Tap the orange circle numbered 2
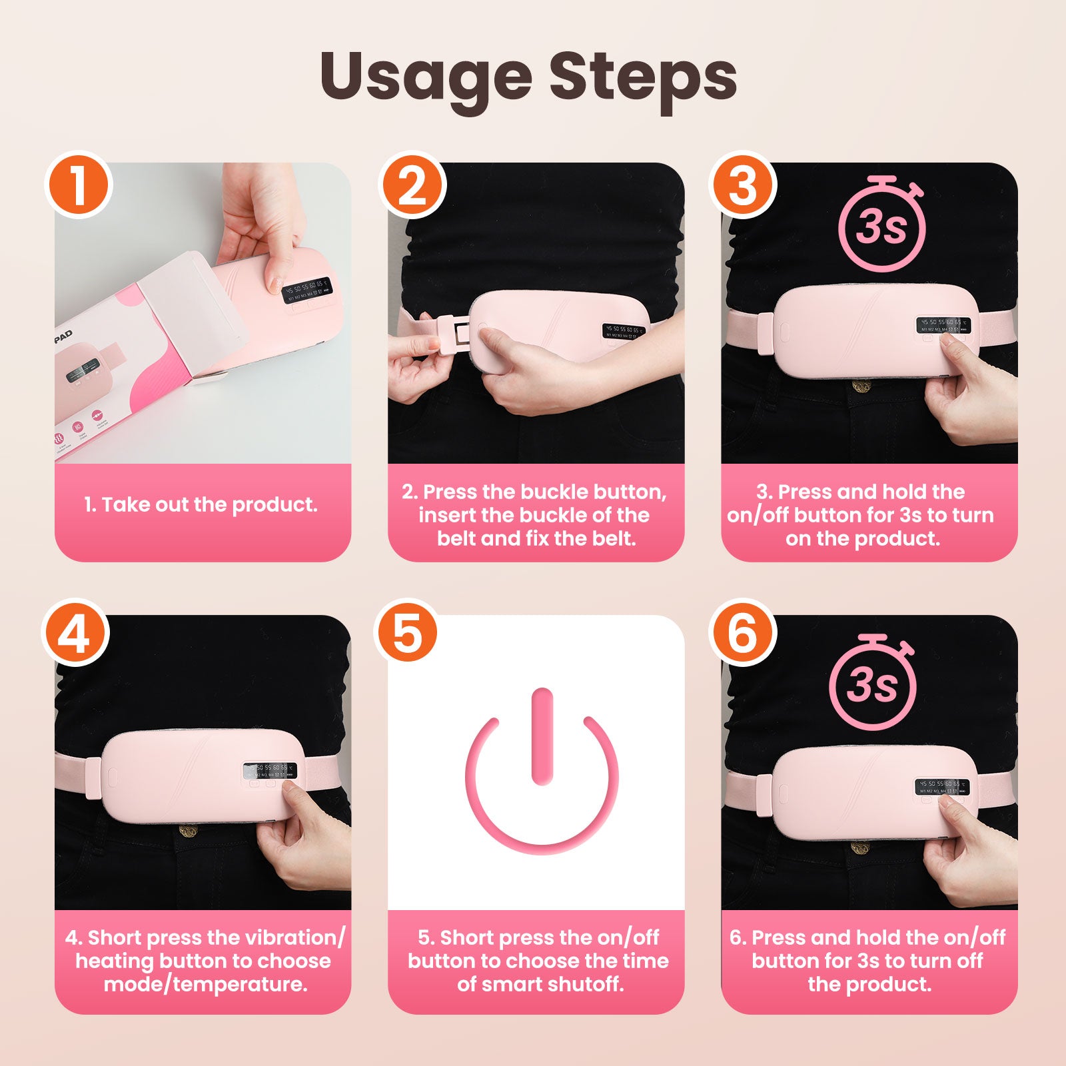coord(412,185)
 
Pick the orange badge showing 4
coord(75,633)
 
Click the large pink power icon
coord(542,770)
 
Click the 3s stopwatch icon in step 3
coord(881,223)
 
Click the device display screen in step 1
coord(308,291)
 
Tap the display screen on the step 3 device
coord(942,325)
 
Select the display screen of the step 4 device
coord(270,771)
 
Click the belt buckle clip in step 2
coord(454,331)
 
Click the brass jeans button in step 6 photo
coord(860,848)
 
